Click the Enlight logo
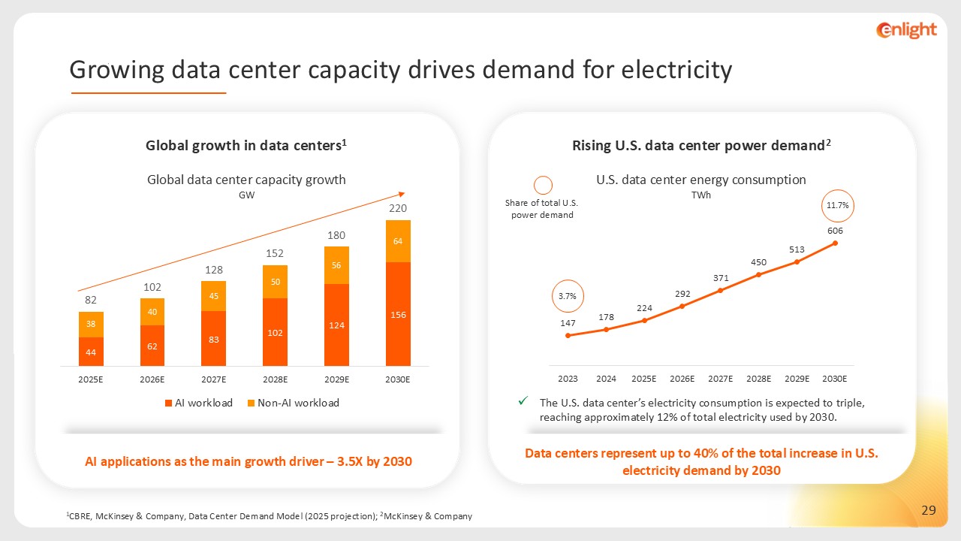click(906, 30)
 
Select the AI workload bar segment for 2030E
click(398, 314)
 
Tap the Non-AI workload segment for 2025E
click(91, 325)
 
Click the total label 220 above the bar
click(398, 207)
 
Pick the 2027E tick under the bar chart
click(214, 379)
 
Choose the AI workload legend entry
click(199, 403)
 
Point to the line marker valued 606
click(835, 243)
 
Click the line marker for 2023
click(568, 335)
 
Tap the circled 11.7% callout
click(838, 205)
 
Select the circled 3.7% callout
click(568, 296)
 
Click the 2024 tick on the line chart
click(606, 378)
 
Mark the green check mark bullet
click(523, 401)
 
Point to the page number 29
click(929, 511)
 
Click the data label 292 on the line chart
click(682, 294)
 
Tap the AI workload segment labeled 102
click(275, 332)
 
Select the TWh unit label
click(701, 195)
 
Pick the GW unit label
click(246, 195)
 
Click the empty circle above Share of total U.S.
click(542, 185)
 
